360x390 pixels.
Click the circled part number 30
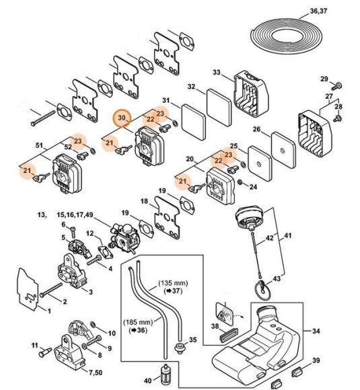122,118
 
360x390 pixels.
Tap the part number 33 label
217,72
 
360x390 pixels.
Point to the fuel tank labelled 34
269,343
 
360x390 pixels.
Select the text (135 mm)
172,283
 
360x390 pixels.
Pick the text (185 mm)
137,322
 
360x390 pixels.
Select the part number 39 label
335,361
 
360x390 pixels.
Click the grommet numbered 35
179,348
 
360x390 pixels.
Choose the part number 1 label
48,310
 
